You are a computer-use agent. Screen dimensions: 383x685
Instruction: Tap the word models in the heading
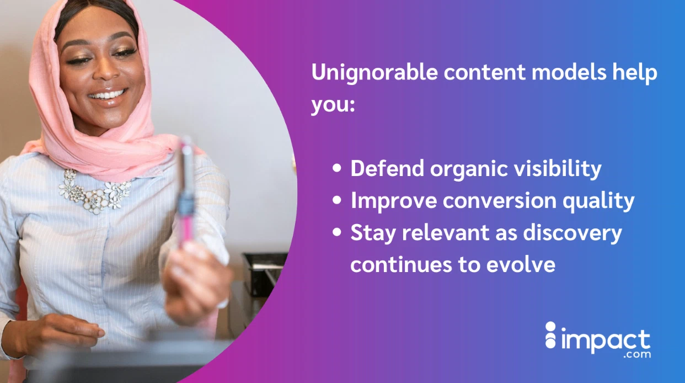coord(556,73)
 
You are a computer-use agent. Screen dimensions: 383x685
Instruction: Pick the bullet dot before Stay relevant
coord(337,233)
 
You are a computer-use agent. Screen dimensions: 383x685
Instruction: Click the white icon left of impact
coord(550,336)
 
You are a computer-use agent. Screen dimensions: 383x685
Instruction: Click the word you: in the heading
coord(332,105)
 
